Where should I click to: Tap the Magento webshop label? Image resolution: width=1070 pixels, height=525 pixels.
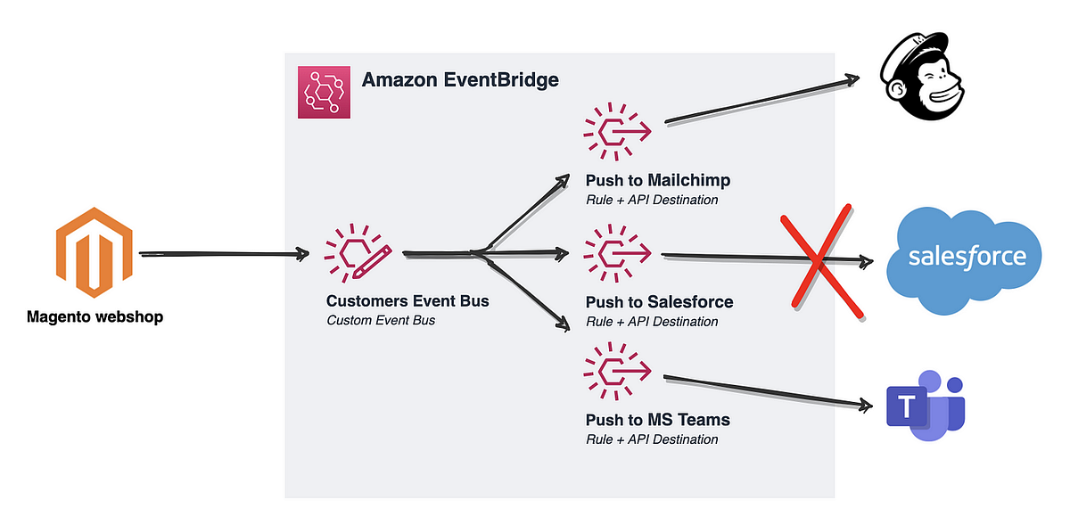click(x=95, y=316)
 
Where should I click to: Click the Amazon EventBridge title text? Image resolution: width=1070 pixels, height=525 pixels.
click(x=460, y=80)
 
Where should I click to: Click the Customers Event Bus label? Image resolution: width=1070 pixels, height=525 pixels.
click(x=407, y=301)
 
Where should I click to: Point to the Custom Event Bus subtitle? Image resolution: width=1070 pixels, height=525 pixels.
click(x=381, y=320)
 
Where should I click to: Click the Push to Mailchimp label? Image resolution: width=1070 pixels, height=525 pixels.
click(x=658, y=180)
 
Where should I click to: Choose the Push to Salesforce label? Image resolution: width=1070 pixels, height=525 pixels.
click(x=659, y=302)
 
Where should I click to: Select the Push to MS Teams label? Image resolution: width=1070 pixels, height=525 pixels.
click(x=657, y=420)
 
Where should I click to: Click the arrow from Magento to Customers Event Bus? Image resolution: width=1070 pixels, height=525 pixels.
click(x=223, y=256)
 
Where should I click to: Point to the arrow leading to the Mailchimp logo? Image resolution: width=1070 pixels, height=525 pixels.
click(x=758, y=100)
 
